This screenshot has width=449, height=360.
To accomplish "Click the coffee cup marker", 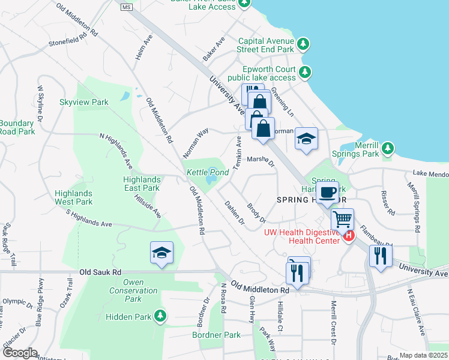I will [x=327, y=192].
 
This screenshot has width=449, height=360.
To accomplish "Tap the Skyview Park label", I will [x=83, y=102].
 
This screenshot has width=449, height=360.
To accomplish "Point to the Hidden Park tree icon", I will [x=159, y=316].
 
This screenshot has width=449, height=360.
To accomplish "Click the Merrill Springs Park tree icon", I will [x=388, y=148].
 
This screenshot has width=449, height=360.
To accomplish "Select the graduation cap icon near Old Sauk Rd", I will [x=161, y=253].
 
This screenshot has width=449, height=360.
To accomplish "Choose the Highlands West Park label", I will [x=73, y=197].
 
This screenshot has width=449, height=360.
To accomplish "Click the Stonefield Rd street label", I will [x=73, y=35].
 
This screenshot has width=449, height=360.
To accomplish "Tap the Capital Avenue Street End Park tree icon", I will [x=304, y=44].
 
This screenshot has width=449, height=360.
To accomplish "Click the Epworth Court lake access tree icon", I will [x=305, y=73].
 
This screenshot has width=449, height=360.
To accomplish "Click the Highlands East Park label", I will [x=141, y=184].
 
